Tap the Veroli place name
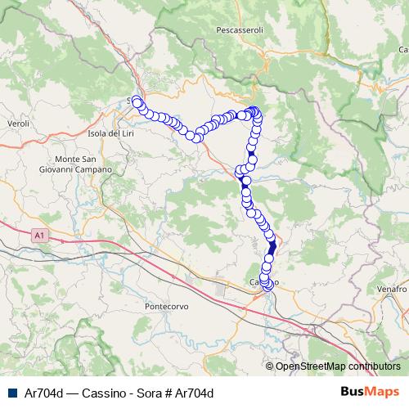[x=17, y=123]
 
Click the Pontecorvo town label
[x=167, y=306]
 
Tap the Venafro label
[x=393, y=290]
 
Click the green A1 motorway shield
[x=38, y=236]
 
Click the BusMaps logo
[x=370, y=392]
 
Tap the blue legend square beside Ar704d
[x=9, y=393]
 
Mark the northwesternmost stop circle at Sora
[x=137, y=101]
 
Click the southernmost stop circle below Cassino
[x=268, y=287]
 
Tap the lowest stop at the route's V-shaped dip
[x=196, y=136]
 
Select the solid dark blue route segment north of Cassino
[x=272, y=244]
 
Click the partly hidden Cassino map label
[x=255, y=281]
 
